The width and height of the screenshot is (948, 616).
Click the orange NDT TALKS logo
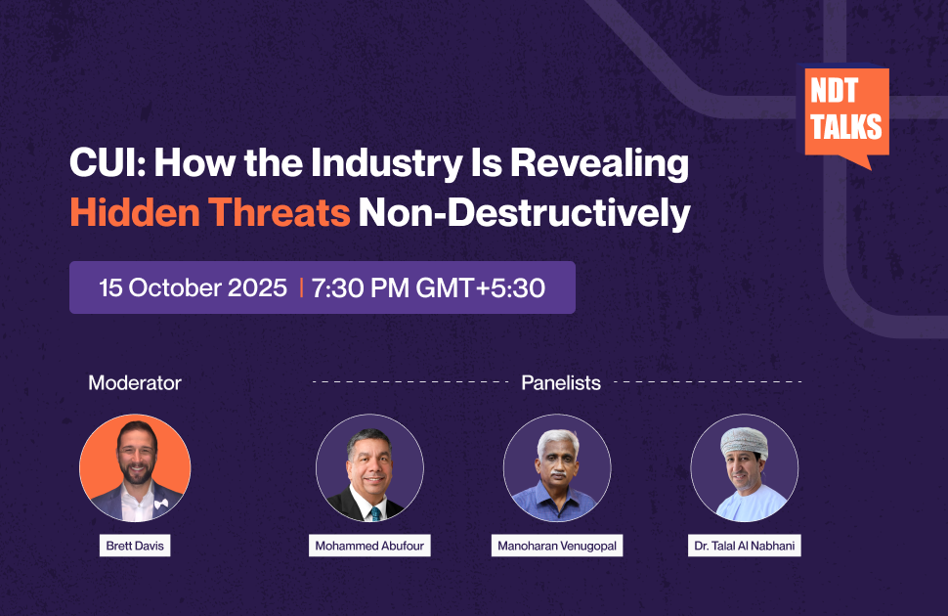845,115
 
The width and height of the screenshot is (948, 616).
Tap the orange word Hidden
134,212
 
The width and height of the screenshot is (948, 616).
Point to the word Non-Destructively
524,213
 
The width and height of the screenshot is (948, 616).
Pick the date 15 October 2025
193,287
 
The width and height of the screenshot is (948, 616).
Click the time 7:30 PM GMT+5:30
428,287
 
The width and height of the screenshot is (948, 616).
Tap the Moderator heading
135,382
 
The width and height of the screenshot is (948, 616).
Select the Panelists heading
561,382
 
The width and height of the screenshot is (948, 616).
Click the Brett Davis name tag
135,546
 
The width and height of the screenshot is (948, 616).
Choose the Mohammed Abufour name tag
369,546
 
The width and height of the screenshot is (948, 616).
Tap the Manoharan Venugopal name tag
557,546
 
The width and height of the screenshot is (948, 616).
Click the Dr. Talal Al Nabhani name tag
745,546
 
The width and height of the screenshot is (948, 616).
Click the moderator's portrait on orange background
135,467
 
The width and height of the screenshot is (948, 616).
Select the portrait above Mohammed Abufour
369,467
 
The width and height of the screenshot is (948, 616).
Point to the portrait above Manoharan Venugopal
557,467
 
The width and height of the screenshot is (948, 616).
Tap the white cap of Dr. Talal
745,442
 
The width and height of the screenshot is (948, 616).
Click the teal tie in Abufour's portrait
375,514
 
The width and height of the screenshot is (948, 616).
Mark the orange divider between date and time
300,287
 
